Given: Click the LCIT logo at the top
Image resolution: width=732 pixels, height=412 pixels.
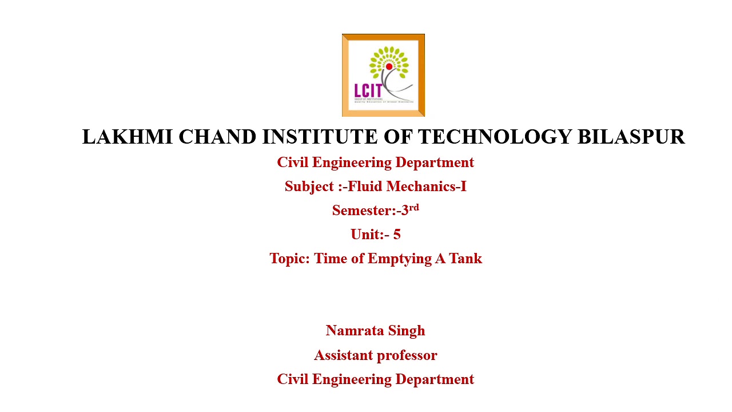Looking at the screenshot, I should tap(383, 75).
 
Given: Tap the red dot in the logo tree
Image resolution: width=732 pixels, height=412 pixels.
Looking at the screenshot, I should tap(389, 67).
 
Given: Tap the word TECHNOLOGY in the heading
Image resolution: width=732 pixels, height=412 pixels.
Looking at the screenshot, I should tap(495, 137).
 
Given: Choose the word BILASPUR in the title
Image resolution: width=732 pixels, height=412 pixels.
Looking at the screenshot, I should tap(631, 137).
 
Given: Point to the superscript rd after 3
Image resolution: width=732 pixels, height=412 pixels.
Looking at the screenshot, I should tap(414, 207).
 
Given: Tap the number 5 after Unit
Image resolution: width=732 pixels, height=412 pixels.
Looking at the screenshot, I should tap(397, 235).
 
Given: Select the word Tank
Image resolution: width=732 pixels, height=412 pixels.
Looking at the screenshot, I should tap(466, 259).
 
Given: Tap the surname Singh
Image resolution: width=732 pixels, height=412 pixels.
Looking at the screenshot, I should tap(407, 331).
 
